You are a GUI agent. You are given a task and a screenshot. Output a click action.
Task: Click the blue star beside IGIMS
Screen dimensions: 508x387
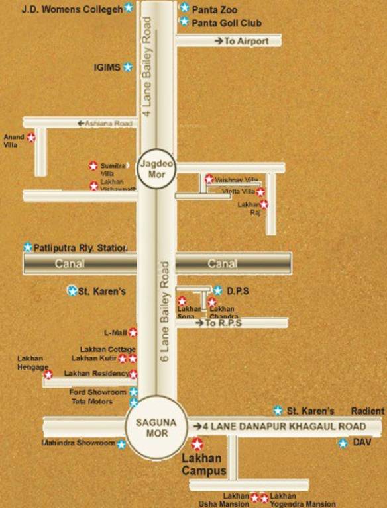click(x=128, y=67)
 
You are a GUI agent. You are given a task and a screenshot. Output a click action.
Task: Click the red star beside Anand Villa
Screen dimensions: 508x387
click(x=30, y=138)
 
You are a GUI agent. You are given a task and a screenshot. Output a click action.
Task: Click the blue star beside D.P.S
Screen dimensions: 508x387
click(x=218, y=290)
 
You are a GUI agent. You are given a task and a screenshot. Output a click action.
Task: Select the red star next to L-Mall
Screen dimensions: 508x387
click(x=133, y=332)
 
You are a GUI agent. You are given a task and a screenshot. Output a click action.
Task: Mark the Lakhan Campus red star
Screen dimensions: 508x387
click(x=197, y=444)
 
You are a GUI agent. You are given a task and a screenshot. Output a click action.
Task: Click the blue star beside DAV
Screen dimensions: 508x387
click(x=343, y=443)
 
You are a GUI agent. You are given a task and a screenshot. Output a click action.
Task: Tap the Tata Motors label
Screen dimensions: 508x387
click(x=92, y=402)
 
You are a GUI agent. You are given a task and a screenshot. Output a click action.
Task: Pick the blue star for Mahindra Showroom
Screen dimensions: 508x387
click(x=121, y=444)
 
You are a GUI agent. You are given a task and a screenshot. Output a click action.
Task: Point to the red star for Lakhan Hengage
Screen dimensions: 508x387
click(x=48, y=374)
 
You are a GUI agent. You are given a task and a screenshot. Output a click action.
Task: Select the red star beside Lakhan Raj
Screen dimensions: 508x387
click(x=264, y=204)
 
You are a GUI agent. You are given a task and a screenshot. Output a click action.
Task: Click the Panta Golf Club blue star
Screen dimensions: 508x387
click(x=184, y=22)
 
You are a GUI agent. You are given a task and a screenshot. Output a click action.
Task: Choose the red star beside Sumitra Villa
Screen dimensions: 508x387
click(x=93, y=166)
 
